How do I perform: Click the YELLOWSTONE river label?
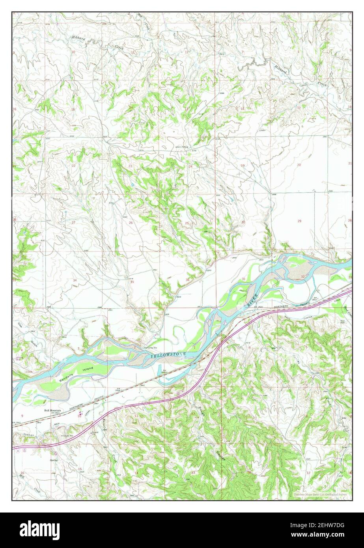[x=168, y=356]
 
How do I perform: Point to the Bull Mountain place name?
[x=52, y=410]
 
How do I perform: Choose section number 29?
[x=299, y=221]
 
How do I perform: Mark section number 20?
[x=299, y=164]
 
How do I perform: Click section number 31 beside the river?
[x=244, y=279]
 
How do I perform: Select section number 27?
[x=73, y=222]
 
